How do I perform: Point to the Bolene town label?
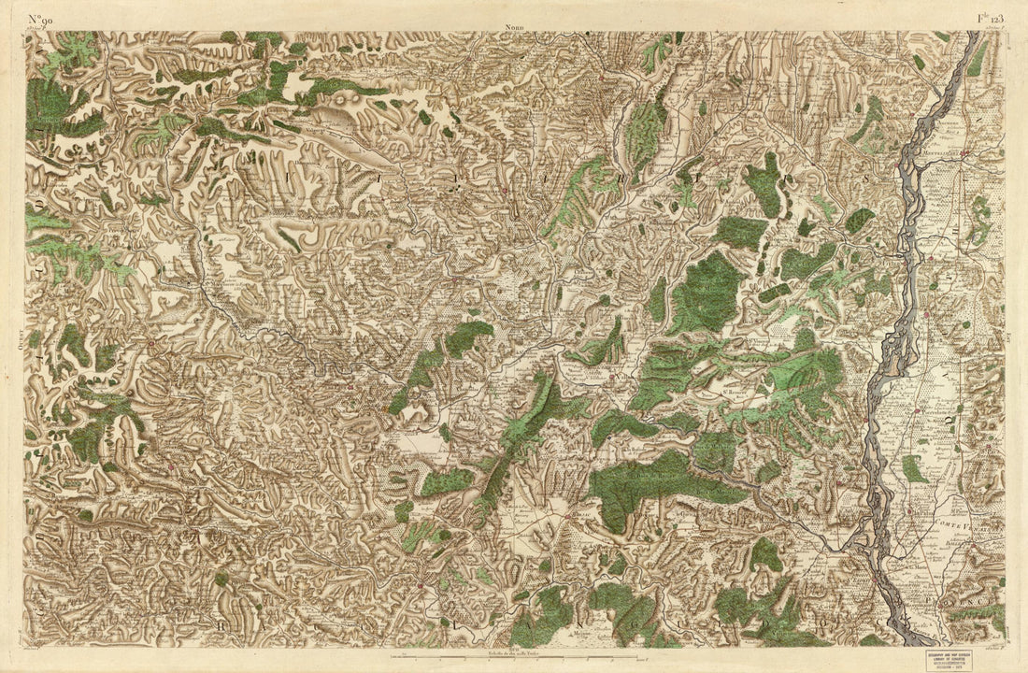pos(935,561)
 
